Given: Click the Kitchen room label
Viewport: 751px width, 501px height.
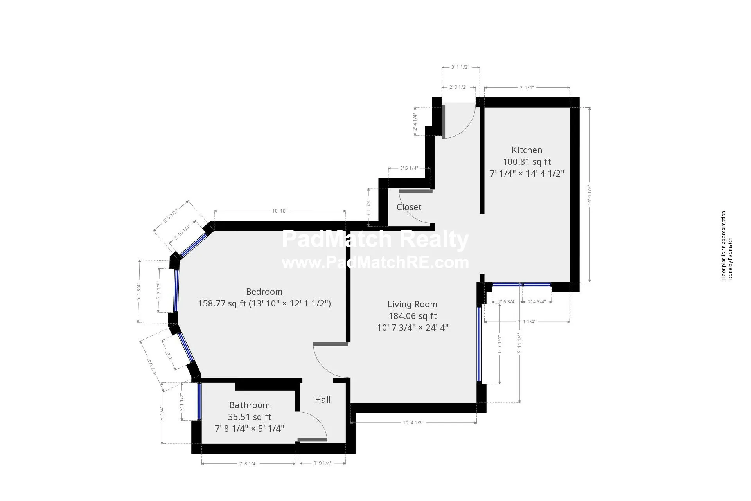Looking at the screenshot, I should [x=526, y=150].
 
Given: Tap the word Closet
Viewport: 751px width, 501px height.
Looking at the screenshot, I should [x=409, y=207].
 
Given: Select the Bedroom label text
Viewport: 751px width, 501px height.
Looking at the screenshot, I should [x=264, y=292].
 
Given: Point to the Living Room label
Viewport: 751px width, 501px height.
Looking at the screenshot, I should [x=412, y=304].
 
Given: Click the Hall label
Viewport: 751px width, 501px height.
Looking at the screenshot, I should [x=323, y=400].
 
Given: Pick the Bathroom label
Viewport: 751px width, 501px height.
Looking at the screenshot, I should [x=250, y=405].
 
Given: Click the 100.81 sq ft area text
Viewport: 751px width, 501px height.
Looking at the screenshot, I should [x=526, y=162].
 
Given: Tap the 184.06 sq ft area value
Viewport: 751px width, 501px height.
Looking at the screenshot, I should [x=412, y=316].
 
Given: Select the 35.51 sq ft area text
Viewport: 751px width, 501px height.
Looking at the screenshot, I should [x=250, y=417].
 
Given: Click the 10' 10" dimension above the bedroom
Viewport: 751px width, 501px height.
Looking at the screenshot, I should [x=280, y=211].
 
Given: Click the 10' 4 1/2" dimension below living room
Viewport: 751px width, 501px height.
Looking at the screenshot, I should [x=413, y=423].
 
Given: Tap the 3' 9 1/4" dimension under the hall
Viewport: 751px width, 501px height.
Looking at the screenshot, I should [x=322, y=463].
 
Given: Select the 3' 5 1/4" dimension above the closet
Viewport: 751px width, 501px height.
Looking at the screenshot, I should [x=409, y=168].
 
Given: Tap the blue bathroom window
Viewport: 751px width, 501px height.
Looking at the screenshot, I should [x=199, y=401].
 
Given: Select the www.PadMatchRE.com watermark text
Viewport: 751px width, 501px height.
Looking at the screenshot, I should [x=375, y=263].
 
